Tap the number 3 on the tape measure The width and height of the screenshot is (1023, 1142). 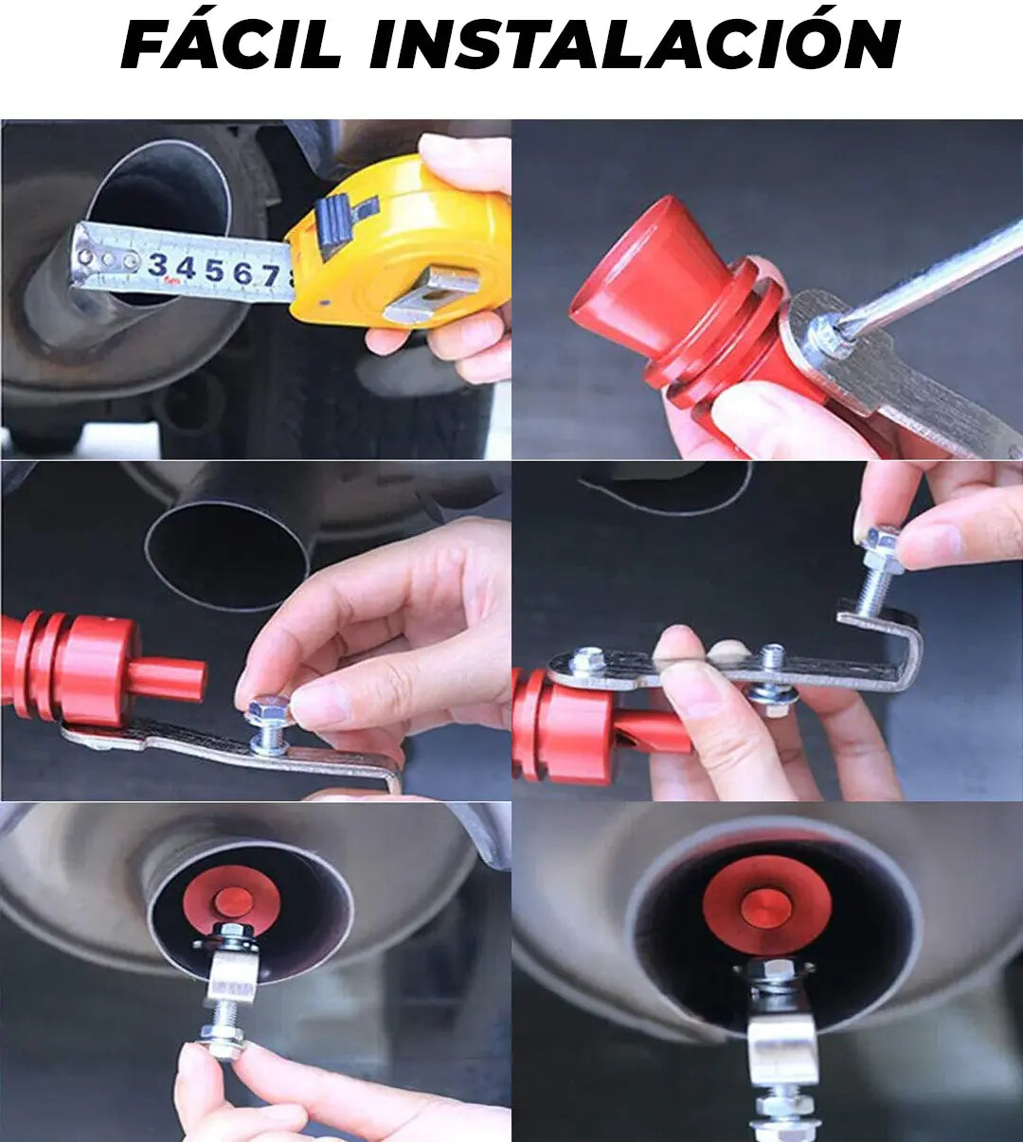(159, 265)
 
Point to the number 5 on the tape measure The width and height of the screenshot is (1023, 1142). (214, 271)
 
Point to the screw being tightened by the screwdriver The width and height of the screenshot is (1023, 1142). (825, 339)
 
